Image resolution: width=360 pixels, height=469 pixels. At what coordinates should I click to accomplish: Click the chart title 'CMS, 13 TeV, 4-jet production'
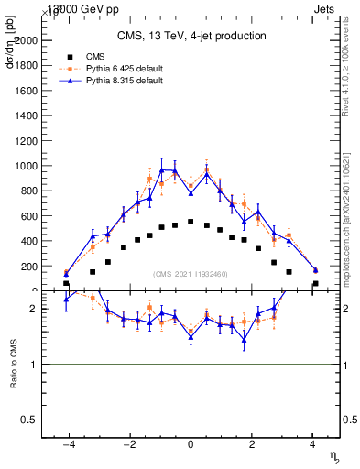tap(191, 37)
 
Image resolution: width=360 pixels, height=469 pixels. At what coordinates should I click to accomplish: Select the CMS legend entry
tap(107, 56)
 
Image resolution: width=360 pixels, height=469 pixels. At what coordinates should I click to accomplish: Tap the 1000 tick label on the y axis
tap(37, 167)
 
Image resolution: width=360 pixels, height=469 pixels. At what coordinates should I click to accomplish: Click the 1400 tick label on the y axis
tap(37, 116)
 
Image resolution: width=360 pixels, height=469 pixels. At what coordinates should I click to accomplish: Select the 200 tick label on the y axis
tap(39, 267)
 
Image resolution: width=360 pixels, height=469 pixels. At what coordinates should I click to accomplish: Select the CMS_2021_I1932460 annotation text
tap(191, 274)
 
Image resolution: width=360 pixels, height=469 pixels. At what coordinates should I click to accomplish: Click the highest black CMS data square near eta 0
tap(191, 222)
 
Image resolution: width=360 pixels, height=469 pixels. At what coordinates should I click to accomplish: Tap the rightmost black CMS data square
tap(315, 284)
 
